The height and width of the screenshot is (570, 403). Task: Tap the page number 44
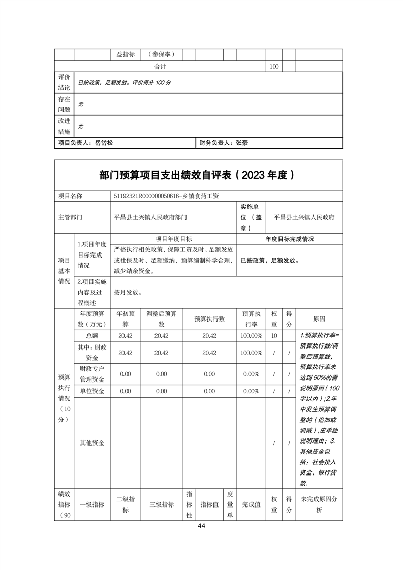pos(201,526)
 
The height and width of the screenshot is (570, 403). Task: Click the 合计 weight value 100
pos(274,67)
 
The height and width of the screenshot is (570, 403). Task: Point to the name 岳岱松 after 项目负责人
pos(104,143)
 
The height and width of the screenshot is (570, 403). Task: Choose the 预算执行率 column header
pos(252,319)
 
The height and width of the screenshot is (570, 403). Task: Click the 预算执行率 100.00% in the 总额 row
pos(252,336)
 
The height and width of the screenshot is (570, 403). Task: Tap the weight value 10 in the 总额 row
pos(274,336)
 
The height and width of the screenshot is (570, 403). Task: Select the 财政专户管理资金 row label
pos(92,374)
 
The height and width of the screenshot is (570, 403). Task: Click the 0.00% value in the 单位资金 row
pos(252,391)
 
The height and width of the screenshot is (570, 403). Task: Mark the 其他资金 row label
pos(92,443)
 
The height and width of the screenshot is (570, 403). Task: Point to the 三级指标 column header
pos(161,504)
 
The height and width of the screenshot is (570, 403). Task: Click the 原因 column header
pos(319,319)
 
